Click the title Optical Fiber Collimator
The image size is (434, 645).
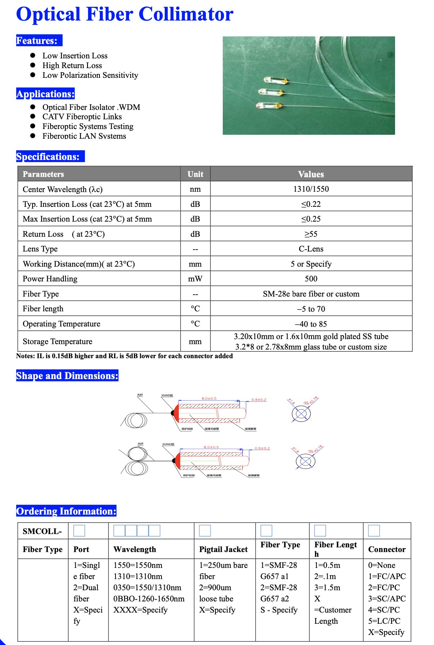(125, 14)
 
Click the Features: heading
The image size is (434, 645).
(37, 41)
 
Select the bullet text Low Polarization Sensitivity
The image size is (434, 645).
(90, 75)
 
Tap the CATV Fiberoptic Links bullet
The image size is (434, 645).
(82, 117)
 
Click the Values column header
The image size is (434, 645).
(311, 174)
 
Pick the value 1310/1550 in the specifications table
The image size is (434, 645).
(311, 189)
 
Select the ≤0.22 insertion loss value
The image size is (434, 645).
(311, 204)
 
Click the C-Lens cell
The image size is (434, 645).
(311, 249)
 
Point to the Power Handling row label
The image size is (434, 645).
(50, 279)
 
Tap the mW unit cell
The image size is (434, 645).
(195, 279)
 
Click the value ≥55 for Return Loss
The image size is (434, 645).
(311, 234)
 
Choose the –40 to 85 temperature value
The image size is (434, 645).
(311, 324)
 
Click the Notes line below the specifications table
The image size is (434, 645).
(124, 356)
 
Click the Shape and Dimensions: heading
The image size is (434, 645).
(67, 376)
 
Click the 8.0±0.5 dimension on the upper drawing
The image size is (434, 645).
(209, 399)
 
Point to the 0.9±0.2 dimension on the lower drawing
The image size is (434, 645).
(262, 448)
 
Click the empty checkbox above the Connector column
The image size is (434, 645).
(374, 530)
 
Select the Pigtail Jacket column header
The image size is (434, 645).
(223, 550)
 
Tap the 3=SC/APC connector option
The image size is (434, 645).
(387, 599)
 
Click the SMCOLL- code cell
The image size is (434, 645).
(42, 531)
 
